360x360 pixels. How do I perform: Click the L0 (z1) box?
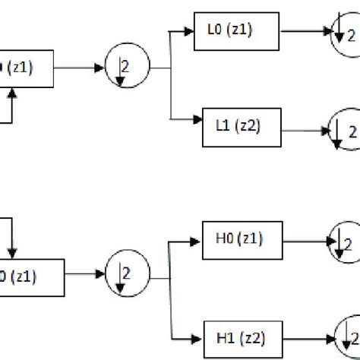point(237,31)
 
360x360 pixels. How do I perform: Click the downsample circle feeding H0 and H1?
point(125,273)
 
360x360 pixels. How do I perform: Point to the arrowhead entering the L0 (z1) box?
point(190,31)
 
